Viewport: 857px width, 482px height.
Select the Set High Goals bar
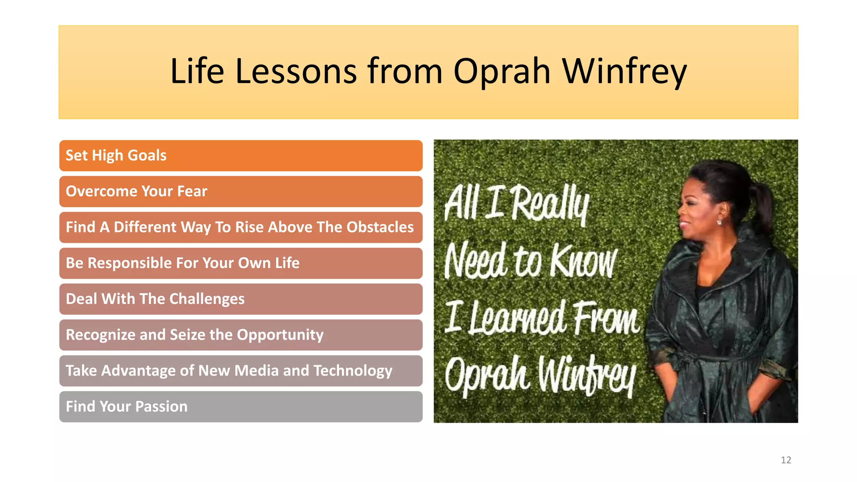(x=241, y=156)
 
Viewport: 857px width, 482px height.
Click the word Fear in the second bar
(x=192, y=191)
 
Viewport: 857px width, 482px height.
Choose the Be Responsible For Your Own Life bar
(x=241, y=263)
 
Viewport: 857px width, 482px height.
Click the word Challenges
(x=207, y=299)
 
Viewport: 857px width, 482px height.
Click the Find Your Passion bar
(x=241, y=407)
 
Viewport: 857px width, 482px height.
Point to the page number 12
(x=786, y=460)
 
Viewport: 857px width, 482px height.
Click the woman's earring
(x=719, y=222)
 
